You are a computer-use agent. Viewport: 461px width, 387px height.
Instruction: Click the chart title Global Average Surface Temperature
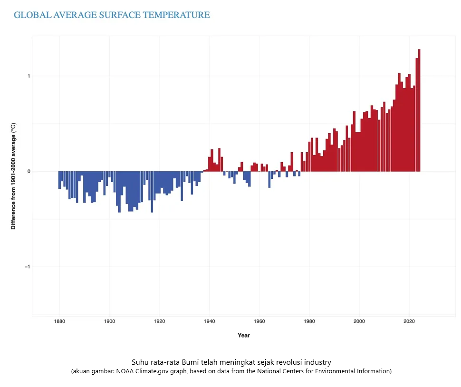tap(112, 15)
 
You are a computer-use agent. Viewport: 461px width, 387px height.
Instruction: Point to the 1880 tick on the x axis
tap(59, 321)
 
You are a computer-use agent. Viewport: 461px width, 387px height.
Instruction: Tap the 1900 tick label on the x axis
tap(109, 321)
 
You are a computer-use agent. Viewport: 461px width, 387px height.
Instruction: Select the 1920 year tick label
tap(160, 321)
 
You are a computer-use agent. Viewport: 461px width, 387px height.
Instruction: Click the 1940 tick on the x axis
tap(210, 321)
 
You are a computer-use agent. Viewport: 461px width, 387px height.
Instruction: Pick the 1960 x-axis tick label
tap(259, 321)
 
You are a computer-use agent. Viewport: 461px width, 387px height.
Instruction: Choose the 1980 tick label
tap(309, 321)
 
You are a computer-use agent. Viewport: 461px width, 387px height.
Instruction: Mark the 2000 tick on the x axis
tap(360, 321)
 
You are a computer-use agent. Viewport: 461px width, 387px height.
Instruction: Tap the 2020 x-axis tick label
tap(410, 321)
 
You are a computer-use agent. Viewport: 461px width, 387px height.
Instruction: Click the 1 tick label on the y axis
tap(28, 76)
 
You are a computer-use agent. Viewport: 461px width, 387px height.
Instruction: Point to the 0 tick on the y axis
tap(28, 171)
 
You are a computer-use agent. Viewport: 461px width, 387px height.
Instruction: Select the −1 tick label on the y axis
tap(27, 267)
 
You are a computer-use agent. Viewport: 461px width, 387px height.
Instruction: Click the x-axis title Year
tap(244, 335)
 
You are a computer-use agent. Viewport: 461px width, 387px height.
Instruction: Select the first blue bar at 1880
tap(59, 180)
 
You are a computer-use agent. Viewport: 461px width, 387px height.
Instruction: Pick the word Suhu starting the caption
tap(138, 362)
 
